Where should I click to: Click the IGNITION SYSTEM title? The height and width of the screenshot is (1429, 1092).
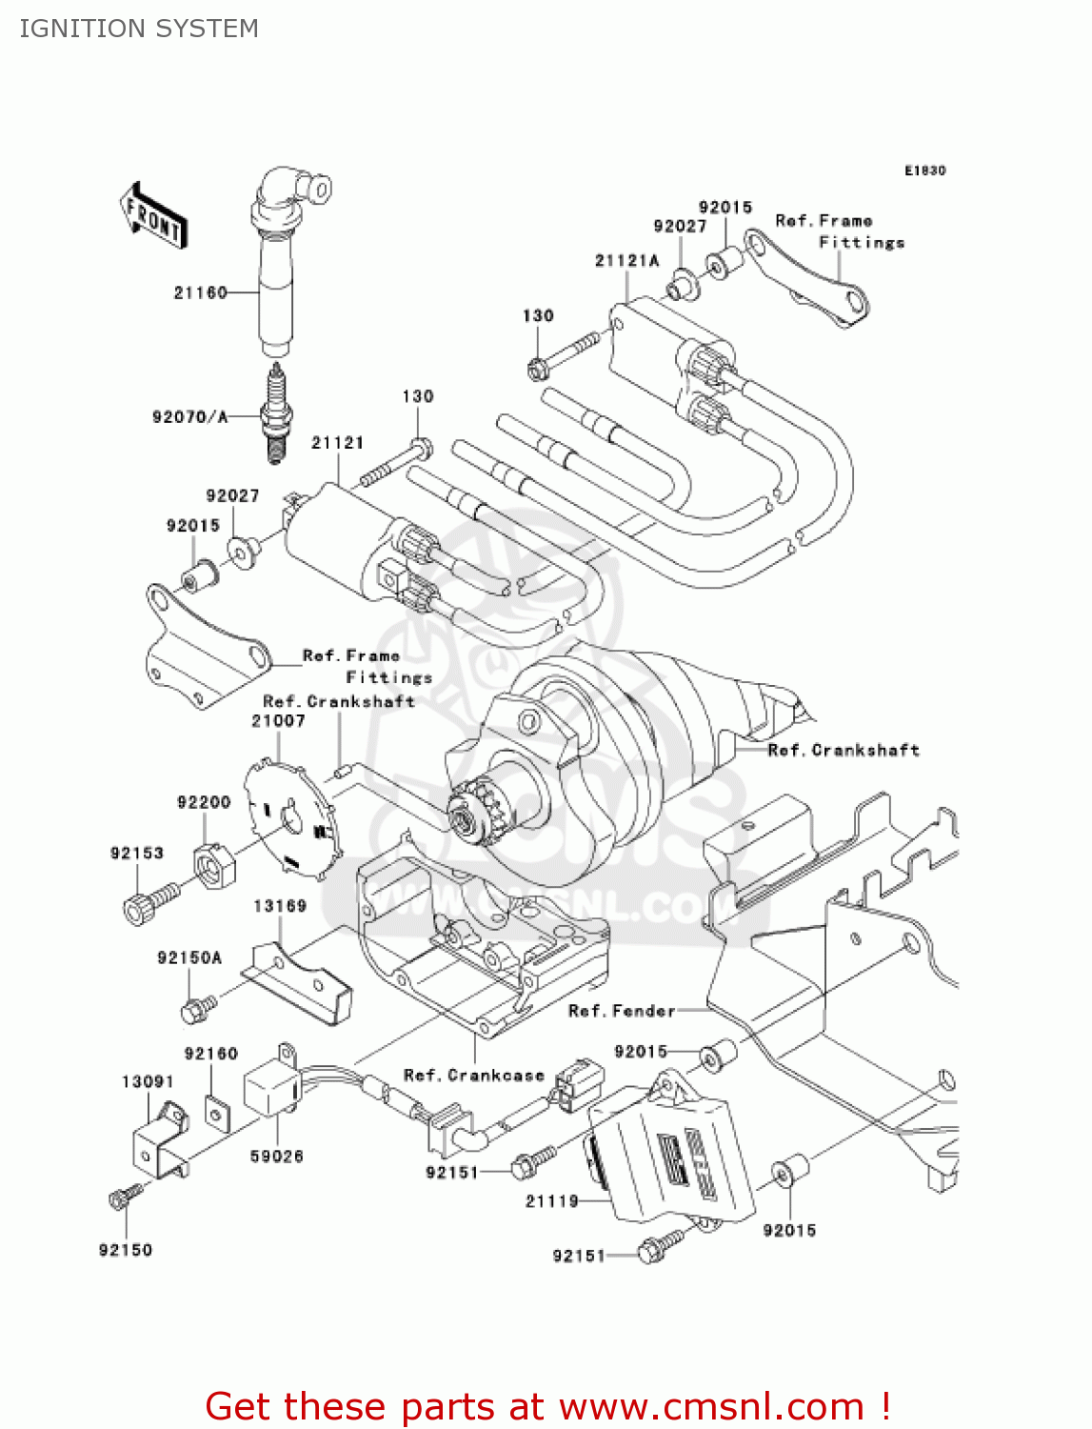pyautogui.click(x=139, y=29)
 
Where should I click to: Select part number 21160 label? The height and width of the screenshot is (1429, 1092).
pyautogui.click(x=200, y=292)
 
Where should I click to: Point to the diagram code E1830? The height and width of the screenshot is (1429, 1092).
pyautogui.click(x=924, y=171)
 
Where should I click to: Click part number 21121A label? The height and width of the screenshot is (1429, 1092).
pyautogui.click(x=626, y=260)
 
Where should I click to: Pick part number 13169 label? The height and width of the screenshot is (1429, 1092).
pyautogui.click(x=280, y=905)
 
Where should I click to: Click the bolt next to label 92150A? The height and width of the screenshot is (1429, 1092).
pyautogui.click(x=197, y=1008)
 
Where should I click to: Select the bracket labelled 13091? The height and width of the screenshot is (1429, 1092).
pyautogui.click(x=158, y=1143)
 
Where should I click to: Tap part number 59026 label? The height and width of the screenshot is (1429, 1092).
pyautogui.click(x=276, y=1156)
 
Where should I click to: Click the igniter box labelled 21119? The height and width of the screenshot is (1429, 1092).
pyautogui.click(x=671, y=1157)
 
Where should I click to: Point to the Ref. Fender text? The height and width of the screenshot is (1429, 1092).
pyautogui.click(x=621, y=1010)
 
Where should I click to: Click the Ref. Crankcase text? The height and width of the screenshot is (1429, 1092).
pyautogui.click(x=473, y=1075)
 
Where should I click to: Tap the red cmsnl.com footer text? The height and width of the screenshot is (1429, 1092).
pyautogui.click(x=547, y=1406)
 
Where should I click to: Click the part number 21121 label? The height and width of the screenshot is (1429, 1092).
pyautogui.click(x=337, y=442)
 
